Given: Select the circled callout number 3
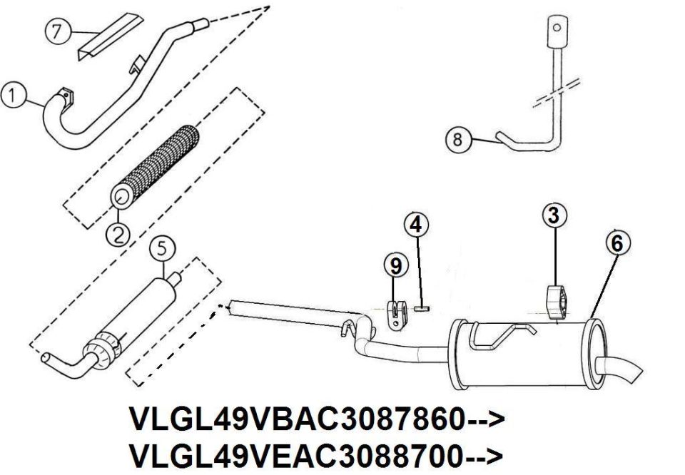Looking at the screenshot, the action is (x=554, y=216).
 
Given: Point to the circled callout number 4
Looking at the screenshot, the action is (x=416, y=225).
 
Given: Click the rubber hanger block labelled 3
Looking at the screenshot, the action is (x=556, y=301).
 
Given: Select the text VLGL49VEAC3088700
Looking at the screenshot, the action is (x=297, y=455).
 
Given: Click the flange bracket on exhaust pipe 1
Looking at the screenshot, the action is (x=66, y=96).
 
